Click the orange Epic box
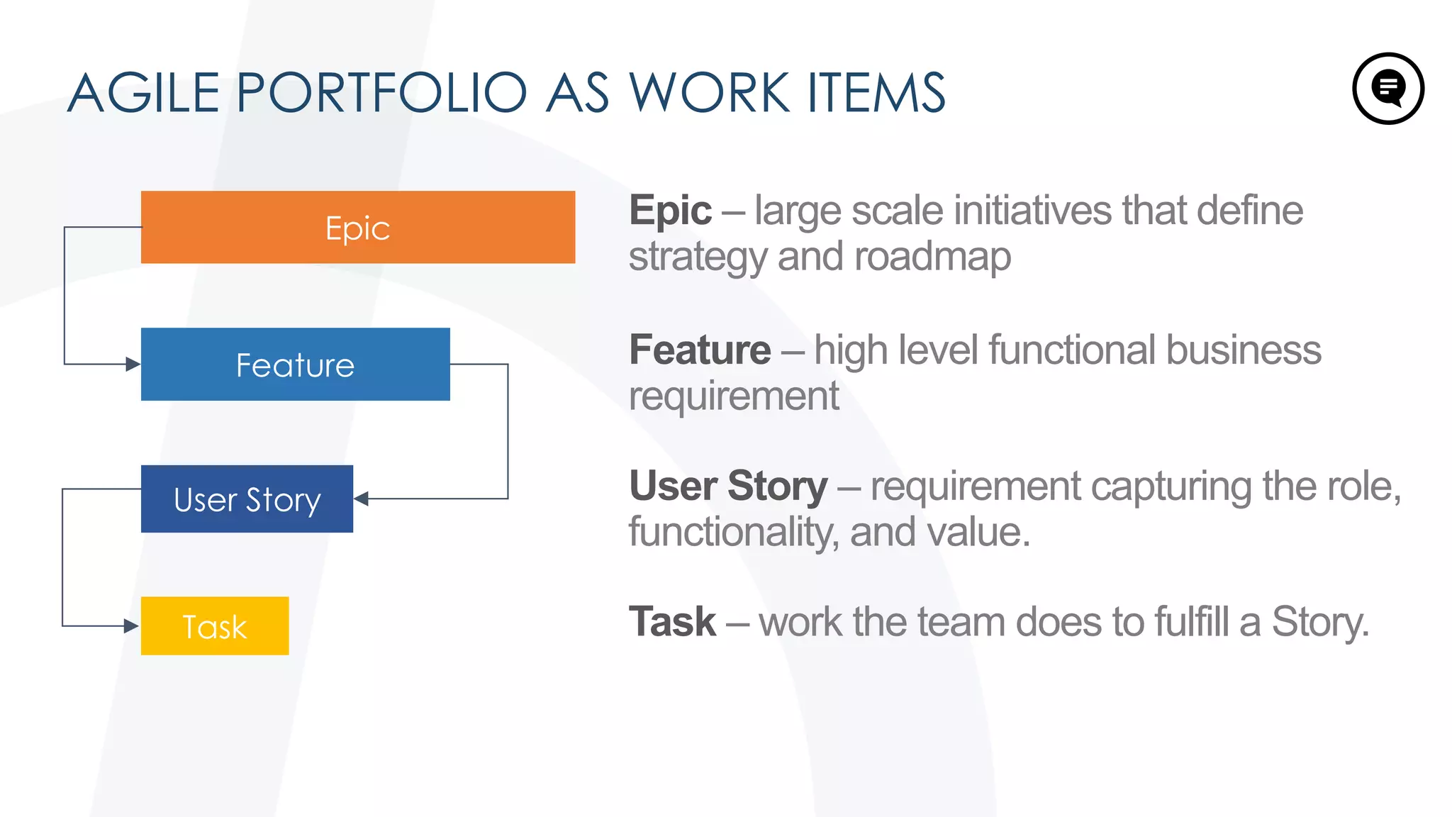click(x=358, y=227)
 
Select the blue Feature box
click(x=295, y=364)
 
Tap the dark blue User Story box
click(x=247, y=499)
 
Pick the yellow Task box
click(x=215, y=626)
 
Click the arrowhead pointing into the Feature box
click(x=133, y=365)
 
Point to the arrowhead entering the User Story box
click(x=361, y=499)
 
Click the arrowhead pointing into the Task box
click(x=131, y=626)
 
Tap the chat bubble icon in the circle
click(x=1388, y=89)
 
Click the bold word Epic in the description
click(x=670, y=211)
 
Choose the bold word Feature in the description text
click(x=700, y=350)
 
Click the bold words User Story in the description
click(x=728, y=487)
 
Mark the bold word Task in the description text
click(x=672, y=622)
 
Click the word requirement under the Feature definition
click(x=734, y=396)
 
